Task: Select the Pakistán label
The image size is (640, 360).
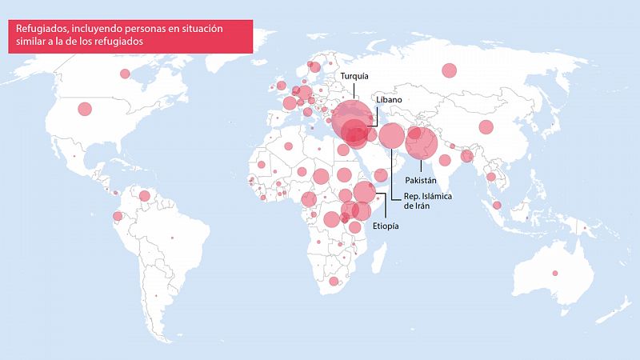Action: (x=420, y=181)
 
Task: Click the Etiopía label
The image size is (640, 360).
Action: (x=386, y=226)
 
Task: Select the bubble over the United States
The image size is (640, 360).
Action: (x=84, y=109)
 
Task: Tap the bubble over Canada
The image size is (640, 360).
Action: (x=125, y=74)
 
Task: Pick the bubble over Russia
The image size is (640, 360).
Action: (x=449, y=70)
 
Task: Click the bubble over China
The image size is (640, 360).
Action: (x=486, y=126)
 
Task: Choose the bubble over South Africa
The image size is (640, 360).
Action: (x=334, y=281)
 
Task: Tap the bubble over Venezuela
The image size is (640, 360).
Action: (x=145, y=195)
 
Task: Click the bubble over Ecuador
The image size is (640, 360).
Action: (x=118, y=216)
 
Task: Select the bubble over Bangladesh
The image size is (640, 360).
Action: (x=467, y=156)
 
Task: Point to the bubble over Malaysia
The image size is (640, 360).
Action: (x=497, y=206)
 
